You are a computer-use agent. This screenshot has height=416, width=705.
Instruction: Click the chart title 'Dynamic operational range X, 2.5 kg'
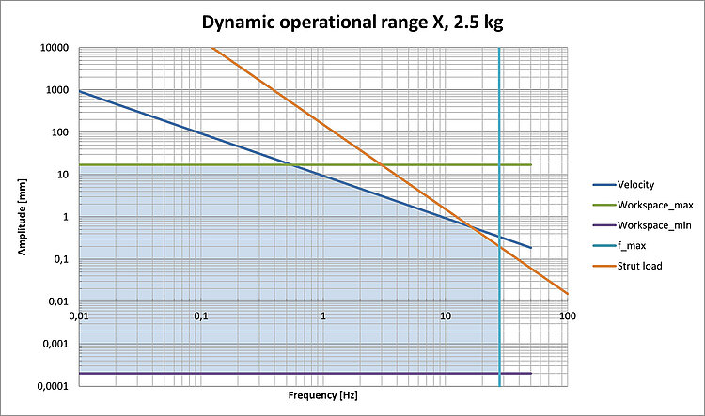click(x=352, y=23)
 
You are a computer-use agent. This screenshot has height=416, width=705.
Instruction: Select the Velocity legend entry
click(x=635, y=185)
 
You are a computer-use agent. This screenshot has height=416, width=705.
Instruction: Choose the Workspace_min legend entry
click(x=648, y=225)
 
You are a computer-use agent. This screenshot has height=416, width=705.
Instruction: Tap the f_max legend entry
click(x=631, y=246)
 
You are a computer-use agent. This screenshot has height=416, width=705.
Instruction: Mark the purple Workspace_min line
click(x=282, y=374)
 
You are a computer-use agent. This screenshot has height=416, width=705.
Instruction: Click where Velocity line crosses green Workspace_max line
click(x=294, y=165)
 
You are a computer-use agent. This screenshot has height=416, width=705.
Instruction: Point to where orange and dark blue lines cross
click(x=469, y=224)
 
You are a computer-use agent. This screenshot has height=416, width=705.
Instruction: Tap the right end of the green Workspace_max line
click(x=531, y=165)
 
